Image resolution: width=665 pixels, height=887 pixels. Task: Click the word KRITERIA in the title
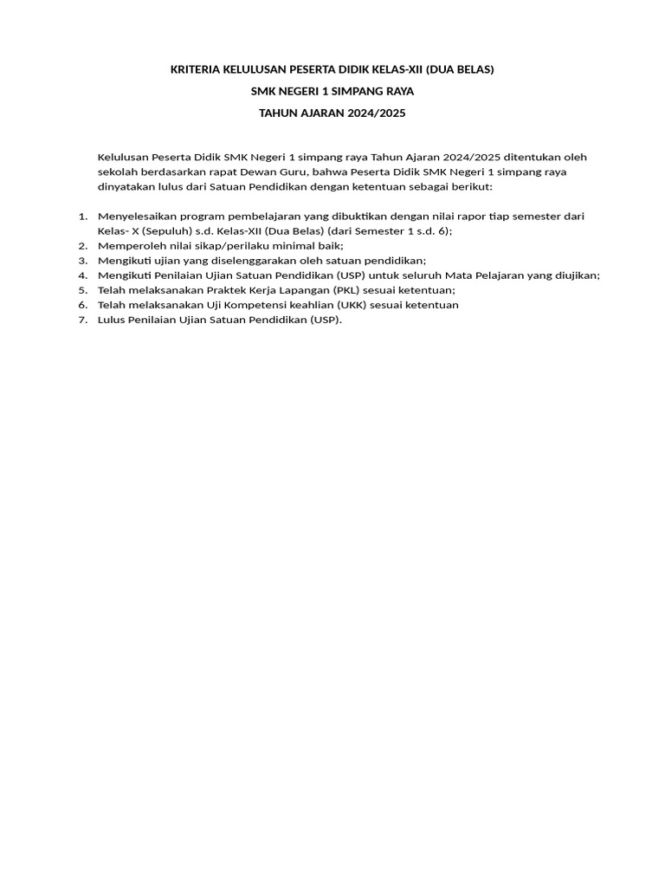point(196,68)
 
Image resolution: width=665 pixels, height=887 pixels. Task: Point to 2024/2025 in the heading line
point(375,113)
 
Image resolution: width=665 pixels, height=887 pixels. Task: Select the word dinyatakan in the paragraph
point(126,186)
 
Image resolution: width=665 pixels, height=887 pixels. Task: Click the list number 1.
point(82,217)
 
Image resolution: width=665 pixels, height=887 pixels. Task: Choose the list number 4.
point(82,275)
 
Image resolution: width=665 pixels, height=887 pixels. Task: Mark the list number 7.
point(82,320)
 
